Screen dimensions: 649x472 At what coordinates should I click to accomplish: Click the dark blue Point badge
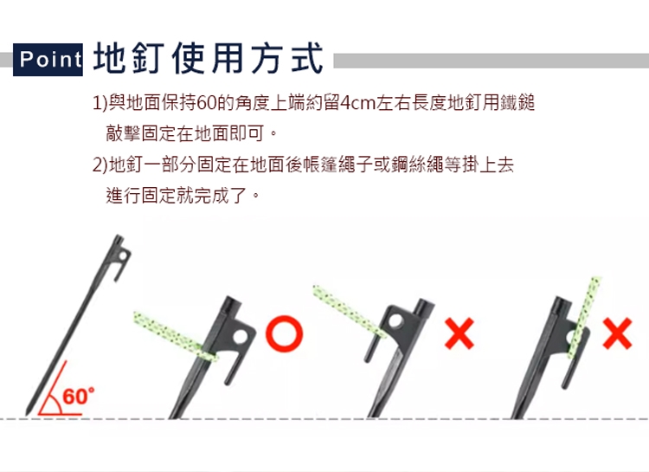point(48,59)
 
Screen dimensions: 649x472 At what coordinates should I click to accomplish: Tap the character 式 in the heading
point(306,59)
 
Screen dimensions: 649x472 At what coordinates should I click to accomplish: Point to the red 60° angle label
point(79,396)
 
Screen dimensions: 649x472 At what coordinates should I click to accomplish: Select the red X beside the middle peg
point(459,334)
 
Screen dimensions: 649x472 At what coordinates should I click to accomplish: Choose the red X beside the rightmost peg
point(618,333)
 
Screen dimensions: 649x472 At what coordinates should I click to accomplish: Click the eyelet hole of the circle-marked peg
point(240,337)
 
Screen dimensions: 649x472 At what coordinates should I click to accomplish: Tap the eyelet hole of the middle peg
point(395,320)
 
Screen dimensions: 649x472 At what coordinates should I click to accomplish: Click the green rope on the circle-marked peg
point(175,336)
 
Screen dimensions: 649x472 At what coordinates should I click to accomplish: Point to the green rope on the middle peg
point(349,311)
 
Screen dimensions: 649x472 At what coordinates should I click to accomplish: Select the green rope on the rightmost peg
point(584,317)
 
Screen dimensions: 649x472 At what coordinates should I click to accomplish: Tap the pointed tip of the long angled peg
point(28,414)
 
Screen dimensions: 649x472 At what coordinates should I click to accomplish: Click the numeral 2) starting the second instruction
point(100,165)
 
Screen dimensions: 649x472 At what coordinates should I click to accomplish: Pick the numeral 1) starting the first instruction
point(100,103)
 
